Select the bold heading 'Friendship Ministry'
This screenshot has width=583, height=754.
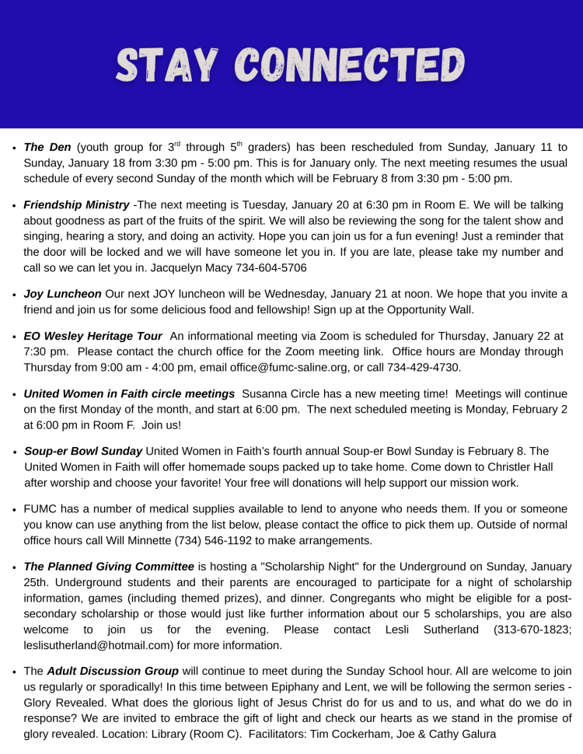(x=76, y=205)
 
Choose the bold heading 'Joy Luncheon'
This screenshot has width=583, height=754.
(x=62, y=294)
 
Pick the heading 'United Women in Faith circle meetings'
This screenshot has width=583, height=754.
(x=129, y=394)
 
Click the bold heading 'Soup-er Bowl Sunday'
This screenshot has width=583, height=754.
(x=83, y=451)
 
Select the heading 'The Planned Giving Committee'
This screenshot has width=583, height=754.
(x=109, y=567)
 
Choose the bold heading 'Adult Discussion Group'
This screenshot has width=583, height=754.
(x=113, y=672)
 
